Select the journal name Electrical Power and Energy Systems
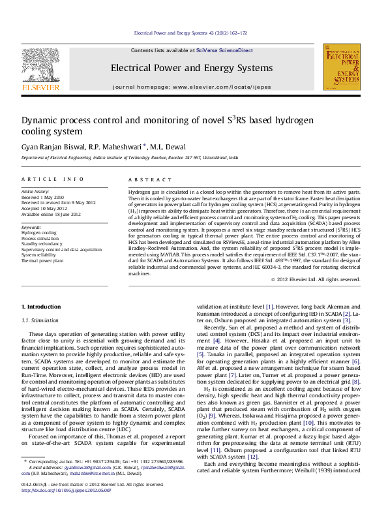[191, 68]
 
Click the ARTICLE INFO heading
[53, 179]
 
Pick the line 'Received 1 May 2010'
[43, 196]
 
